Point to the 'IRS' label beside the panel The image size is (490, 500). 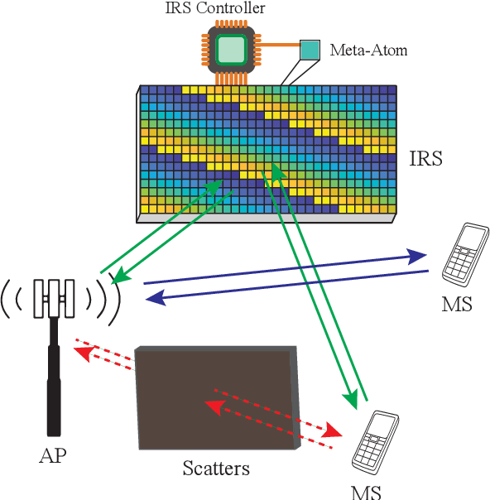pyautogui.click(x=425, y=158)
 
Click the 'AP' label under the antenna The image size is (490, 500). pyautogui.click(x=53, y=456)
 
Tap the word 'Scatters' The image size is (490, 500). pyautogui.click(x=215, y=469)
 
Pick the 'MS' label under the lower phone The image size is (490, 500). pyautogui.click(x=367, y=491)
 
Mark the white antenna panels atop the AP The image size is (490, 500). pyautogui.click(x=54, y=297)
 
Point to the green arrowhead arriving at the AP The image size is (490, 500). pyautogui.click(x=118, y=279)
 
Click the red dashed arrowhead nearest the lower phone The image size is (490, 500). pyautogui.click(x=333, y=432)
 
